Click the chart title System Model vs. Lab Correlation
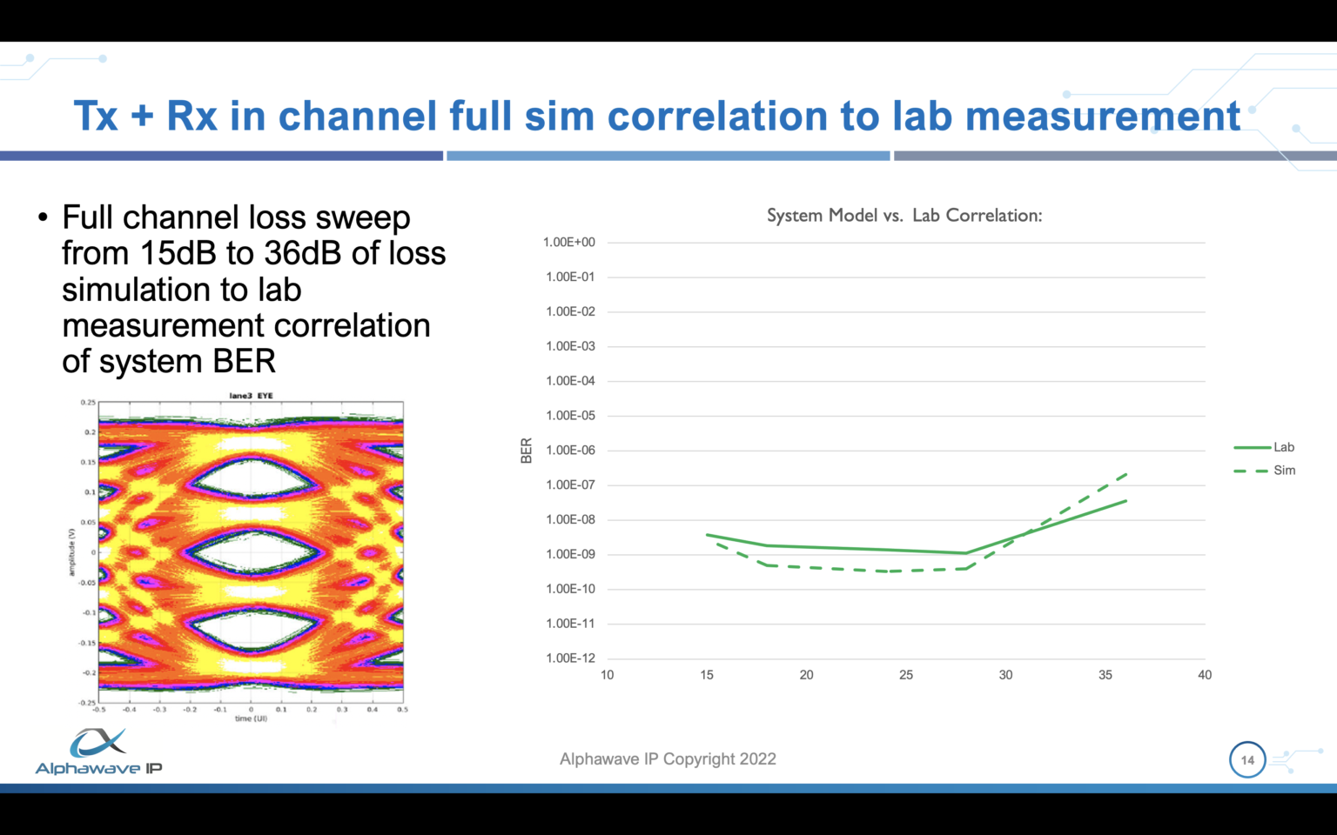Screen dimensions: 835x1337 904,216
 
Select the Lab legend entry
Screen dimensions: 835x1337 1283,447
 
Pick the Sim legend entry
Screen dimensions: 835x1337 1283,471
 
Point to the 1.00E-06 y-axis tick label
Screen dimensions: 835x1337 570,451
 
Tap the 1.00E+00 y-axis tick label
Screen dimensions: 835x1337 568,243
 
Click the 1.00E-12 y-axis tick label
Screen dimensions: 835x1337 570,658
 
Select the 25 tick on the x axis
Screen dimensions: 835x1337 906,675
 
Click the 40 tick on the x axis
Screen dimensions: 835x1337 1205,675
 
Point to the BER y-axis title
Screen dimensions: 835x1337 527,451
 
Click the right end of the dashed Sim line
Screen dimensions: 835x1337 1126,474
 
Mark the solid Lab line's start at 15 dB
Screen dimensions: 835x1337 708,534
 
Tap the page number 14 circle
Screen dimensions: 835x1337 1247,759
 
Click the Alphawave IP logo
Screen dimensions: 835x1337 98,752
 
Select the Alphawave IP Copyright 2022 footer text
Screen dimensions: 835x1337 668,759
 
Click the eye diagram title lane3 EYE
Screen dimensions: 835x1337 251,396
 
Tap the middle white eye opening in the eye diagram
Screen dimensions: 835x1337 252,552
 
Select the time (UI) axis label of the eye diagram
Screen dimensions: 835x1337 251,718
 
